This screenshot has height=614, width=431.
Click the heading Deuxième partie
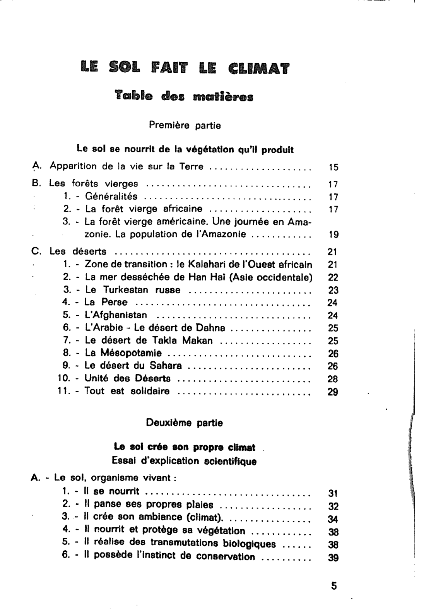(x=185, y=423)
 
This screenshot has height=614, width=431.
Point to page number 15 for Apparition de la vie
(x=333, y=168)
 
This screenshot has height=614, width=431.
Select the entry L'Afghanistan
(x=116, y=315)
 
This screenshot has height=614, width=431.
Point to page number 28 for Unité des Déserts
(x=333, y=379)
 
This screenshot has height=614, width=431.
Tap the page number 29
(x=333, y=392)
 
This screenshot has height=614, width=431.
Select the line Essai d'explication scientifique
(x=184, y=461)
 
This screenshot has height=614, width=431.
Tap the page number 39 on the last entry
(x=333, y=558)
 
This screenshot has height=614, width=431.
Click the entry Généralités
(x=111, y=197)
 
